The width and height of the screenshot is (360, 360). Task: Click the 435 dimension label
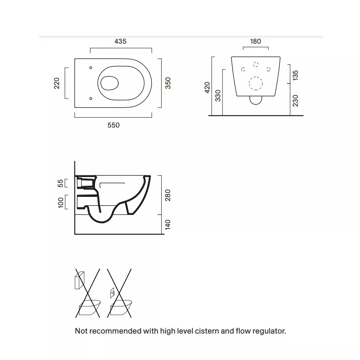(120, 41)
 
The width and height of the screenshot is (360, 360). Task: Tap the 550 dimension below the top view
(113, 125)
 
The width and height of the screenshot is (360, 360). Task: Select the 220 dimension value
(56, 83)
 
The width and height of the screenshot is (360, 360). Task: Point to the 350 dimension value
(168, 83)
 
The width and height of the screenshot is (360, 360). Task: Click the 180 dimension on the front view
(255, 41)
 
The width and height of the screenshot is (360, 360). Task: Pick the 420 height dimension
(207, 87)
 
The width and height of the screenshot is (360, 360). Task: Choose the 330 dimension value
(218, 96)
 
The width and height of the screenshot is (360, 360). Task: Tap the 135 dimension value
(295, 75)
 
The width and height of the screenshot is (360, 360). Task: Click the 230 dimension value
(295, 101)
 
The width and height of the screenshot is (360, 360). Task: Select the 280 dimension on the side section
(168, 195)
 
